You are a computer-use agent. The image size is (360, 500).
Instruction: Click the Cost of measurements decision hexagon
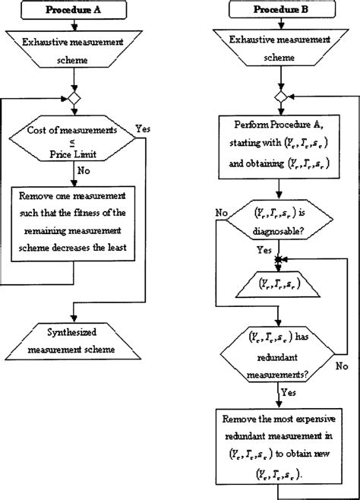[x=73, y=140]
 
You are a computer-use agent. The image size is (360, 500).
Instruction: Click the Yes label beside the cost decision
[x=142, y=129]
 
